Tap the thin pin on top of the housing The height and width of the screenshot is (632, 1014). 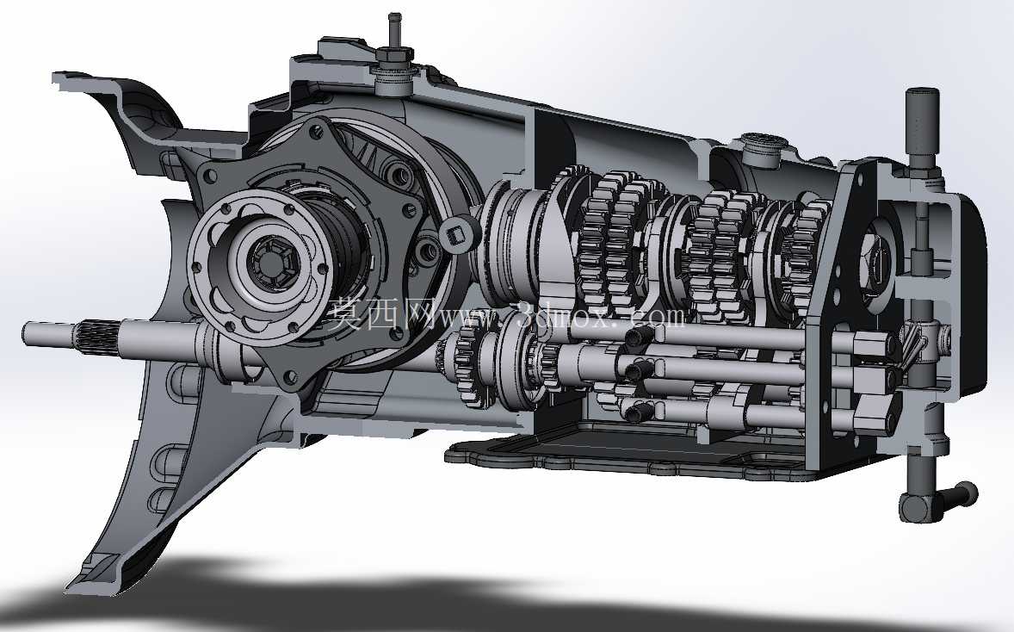pos(393,30)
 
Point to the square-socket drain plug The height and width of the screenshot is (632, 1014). pos(459,232)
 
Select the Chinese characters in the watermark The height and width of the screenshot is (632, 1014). pos(381,313)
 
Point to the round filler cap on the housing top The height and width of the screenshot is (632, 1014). pos(764,149)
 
